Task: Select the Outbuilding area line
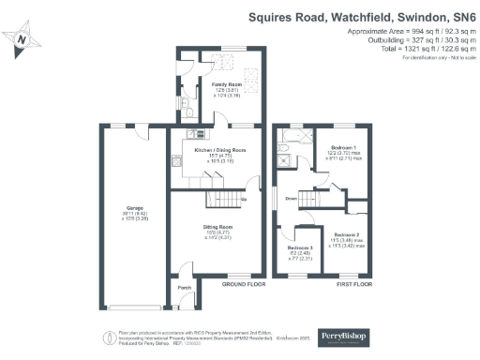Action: (411, 40)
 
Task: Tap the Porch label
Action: (184, 288)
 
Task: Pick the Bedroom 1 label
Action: (344, 147)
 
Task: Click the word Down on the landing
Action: (291, 200)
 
